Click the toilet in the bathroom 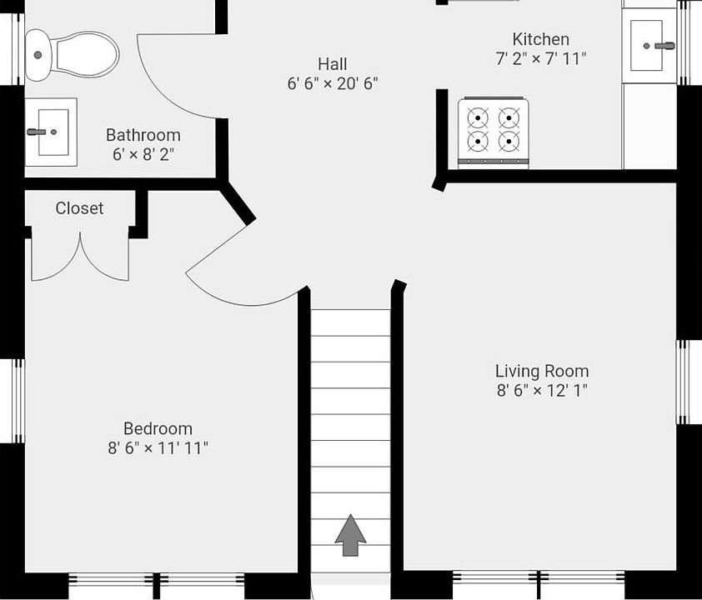click(72, 55)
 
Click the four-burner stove click(494, 132)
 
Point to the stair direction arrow click(350, 535)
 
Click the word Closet click(79, 208)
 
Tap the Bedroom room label click(158, 428)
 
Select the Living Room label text click(542, 372)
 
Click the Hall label click(332, 64)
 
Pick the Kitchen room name click(541, 39)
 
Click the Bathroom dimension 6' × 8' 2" click(143, 155)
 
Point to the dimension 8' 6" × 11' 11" click(158, 447)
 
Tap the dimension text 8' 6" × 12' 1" click(542, 391)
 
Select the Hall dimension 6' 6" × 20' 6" click(333, 83)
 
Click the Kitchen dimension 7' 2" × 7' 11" click(541, 58)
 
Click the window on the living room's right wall click(682, 382)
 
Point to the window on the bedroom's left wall click(18, 401)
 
